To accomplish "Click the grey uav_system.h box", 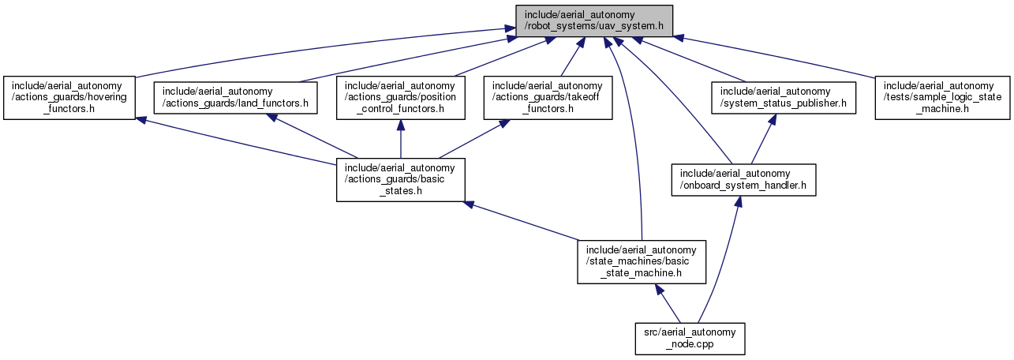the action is point(594,21).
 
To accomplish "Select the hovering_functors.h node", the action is point(69,98).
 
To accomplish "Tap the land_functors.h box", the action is point(235,98).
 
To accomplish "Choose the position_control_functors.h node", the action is point(401,98).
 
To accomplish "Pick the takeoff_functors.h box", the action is point(548,98).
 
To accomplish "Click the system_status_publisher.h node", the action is point(784,98).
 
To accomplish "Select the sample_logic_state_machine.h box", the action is point(942,98).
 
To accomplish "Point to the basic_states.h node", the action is point(401,180).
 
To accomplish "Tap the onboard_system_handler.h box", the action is point(744,180).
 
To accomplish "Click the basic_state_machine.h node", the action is point(642,262).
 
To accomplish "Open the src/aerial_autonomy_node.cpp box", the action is point(690,339).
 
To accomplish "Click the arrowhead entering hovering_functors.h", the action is point(140,121).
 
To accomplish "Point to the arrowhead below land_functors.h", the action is point(271,118).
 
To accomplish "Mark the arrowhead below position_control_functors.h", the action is point(401,125).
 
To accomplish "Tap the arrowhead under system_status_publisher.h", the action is point(773,119).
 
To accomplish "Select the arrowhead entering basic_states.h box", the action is point(469,204).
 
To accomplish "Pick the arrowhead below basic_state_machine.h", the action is point(660,290).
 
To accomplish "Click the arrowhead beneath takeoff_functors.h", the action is point(503,123).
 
